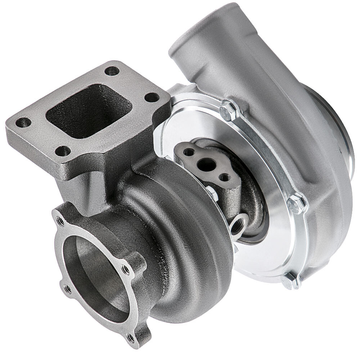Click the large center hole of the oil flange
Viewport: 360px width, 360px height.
click(x=207, y=165)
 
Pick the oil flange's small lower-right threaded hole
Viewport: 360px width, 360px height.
click(x=225, y=177)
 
